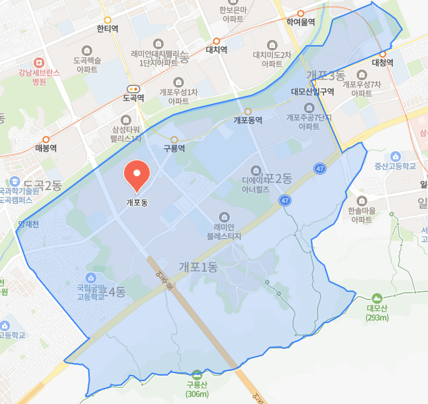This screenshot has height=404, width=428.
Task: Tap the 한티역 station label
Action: (x=108, y=29)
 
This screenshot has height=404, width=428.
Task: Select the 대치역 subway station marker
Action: (x=216, y=40)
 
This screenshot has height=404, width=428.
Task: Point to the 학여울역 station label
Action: (x=301, y=22)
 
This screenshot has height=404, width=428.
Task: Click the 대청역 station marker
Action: (x=382, y=53)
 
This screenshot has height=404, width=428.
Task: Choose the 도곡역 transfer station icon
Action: (x=133, y=88)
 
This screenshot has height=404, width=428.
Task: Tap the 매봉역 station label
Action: (x=46, y=148)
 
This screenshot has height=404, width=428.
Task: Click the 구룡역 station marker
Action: (x=174, y=140)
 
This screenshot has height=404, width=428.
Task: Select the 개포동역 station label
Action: (x=248, y=120)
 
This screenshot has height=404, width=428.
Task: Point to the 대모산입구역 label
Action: (x=313, y=92)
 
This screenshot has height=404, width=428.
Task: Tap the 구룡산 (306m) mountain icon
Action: (x=197, y=375)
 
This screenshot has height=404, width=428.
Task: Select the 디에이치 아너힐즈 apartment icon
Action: (x=255, y=170)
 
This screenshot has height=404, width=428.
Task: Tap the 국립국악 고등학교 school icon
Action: (x=90, y=278)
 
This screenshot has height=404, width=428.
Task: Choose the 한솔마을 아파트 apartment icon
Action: (x=362, y=200)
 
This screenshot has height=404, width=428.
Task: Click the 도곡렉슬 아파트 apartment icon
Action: (x=87, y=50)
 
